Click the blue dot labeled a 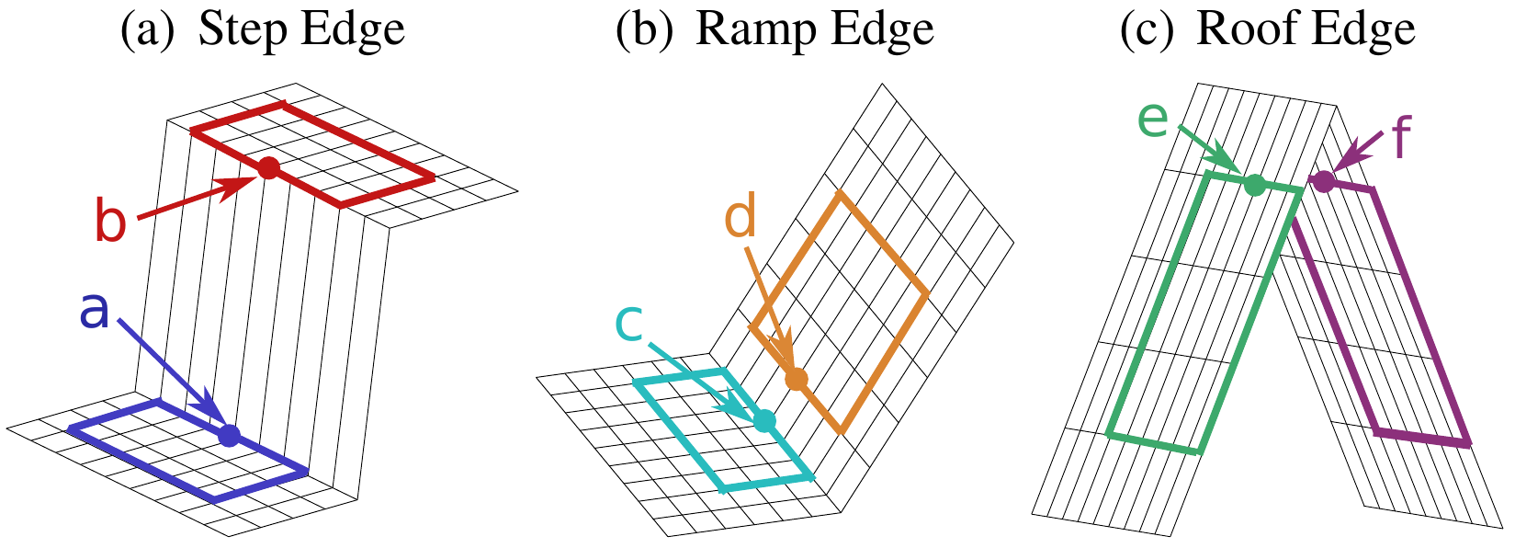click(x=230, y=435)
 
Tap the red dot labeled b click(x=268, y=167)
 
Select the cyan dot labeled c click(x=764, y=420)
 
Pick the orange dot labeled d click(x=796, y=379)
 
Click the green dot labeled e click(x=1255, y=185)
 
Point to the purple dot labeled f click(x=1324, y=181)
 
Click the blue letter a click(x=94, y=311)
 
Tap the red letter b click(x=111, y=219)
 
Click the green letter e click(x=1153, y=120)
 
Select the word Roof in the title click(x=1240, y=29)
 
